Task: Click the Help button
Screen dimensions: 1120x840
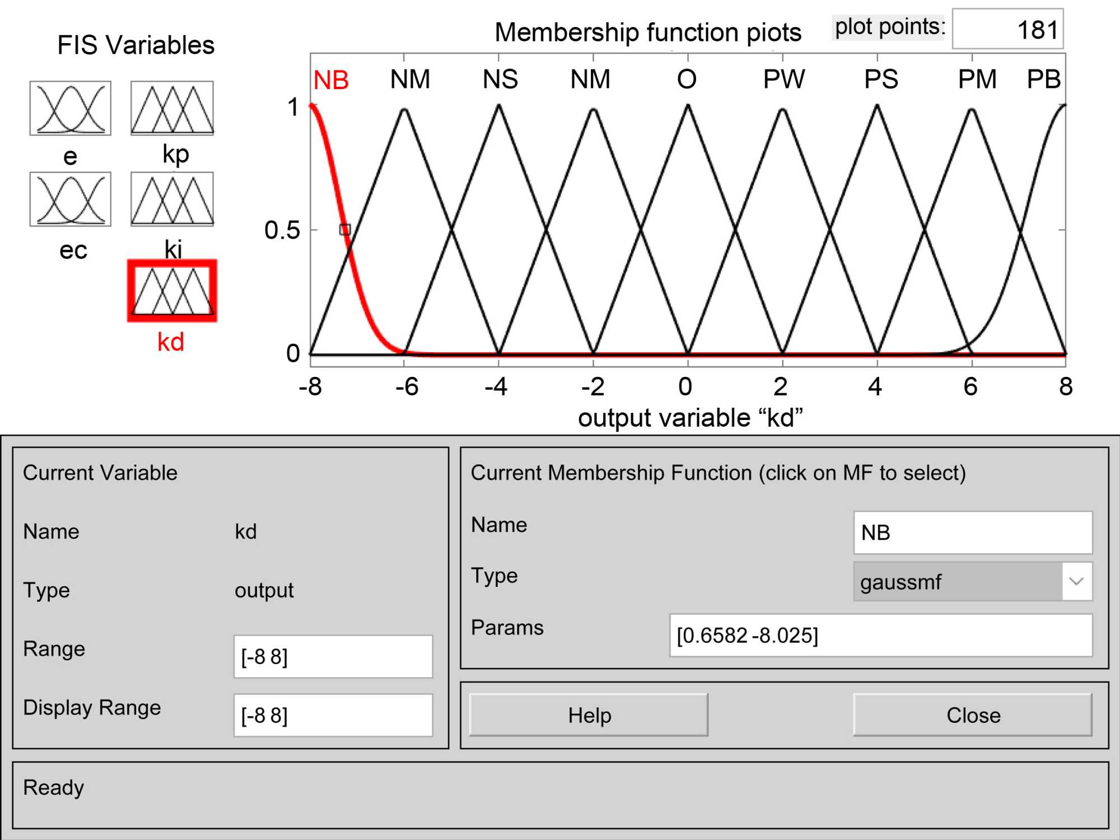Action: tap(589, 715)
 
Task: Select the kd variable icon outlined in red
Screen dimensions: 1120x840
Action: tap(172, 291)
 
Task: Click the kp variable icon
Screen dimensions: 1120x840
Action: tap(172, 108)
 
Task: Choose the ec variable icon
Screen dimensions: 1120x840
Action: tap(71, 199)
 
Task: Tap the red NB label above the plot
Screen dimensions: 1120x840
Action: tap(331, 81)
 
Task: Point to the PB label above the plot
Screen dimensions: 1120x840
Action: tap(1043, 80)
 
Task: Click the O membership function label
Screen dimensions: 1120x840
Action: tap(687, 80)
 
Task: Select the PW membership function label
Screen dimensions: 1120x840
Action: tap(783, 80)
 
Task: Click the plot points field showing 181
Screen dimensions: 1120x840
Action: tap(1007, 29)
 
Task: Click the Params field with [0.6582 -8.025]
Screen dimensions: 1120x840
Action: tap(880, 636)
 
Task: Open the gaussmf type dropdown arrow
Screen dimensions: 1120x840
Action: tap(1076, 581)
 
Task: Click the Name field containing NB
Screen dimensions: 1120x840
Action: tap(973, 533)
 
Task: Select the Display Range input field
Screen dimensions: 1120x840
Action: tap(333, 715)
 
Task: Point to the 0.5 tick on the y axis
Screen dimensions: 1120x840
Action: tap(282, 230)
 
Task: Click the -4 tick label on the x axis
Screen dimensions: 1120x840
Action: tap(496, 386)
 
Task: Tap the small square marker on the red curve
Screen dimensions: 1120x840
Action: tap(345, 230)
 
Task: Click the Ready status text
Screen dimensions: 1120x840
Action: tap(54, 787)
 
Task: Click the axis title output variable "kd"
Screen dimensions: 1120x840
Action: tap(690, 418)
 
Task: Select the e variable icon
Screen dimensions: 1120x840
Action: tap(71, 108)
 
